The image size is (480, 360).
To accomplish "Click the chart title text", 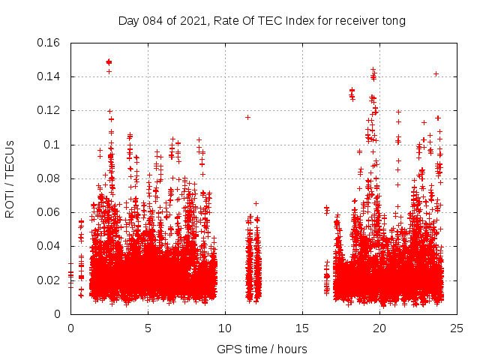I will pyautogui.click(x=262, y=20).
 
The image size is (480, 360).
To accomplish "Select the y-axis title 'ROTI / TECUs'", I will pyautogui.click(x=10, y=178).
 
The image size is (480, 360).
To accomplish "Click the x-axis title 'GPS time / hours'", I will pyautogui.click(x=262, y=349).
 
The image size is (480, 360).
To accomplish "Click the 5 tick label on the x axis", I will pyautogui.click(x=148, y=328).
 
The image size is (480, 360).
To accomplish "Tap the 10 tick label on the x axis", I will pyautogui.click(x=225, y=328).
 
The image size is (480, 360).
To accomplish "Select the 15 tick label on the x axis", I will pyautogui.click(x=302, y=328).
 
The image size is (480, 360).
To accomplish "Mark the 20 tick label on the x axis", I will pyautogui.click(x=379, y=328).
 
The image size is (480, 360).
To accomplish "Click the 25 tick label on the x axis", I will pyautogui.click(x=457, y=328).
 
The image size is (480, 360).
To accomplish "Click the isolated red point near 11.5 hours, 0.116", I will pyautogui.click(x=247, y=117).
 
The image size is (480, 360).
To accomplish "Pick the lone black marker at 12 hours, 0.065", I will pyautogui.click(x=256, y=203).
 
